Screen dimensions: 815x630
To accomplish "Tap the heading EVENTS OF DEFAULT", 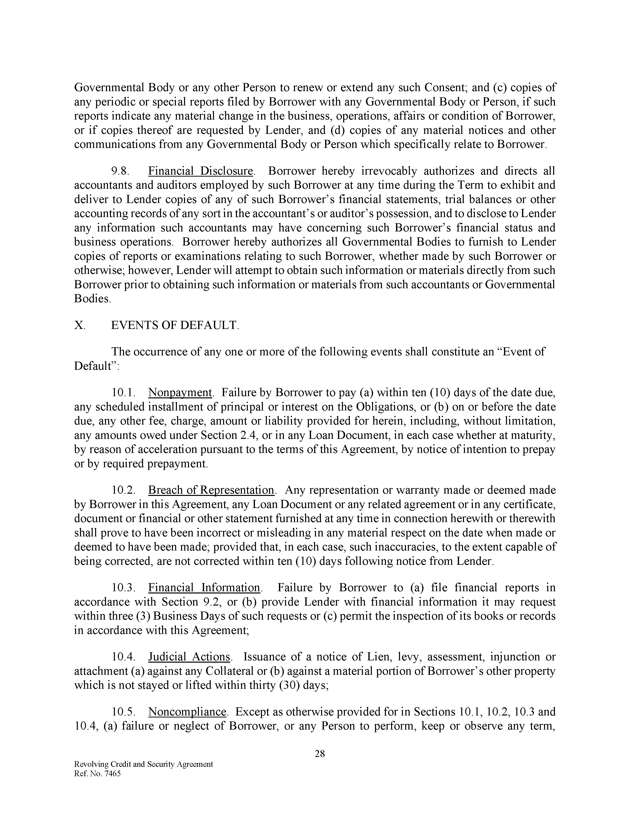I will click(175, 326).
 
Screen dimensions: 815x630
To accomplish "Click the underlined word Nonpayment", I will click(180, 393).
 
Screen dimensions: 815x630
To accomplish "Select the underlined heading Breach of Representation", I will click(211, 490).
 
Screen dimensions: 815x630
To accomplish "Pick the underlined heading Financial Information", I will click(204, 588).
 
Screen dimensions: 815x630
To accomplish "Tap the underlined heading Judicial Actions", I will click(189, 657).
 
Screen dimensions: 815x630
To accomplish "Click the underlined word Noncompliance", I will click(187, 712).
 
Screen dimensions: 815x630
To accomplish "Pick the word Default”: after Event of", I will click(97, 366).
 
